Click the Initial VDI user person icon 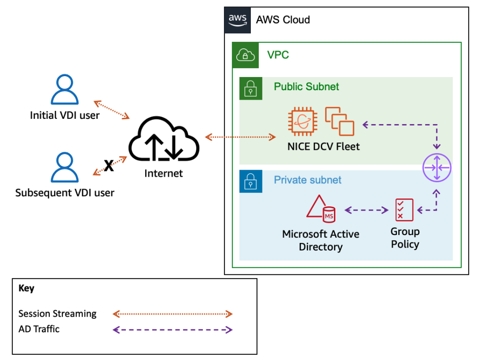pos(65,90)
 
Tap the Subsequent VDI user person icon pos(65,168)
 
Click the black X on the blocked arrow pos(109,165)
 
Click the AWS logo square pos(238,20)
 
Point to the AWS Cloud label pos(283,20)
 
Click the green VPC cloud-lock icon pos(245,55)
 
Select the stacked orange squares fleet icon pos(340,122)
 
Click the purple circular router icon pos(437,168)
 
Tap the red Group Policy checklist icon pos(404,210)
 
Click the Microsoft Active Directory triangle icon pos(320,208)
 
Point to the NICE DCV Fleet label pos(324,147)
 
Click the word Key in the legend pos(26,289)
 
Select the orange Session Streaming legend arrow pos(172,314)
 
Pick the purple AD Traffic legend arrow pos(172,329)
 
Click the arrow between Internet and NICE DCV pos(240,137)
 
